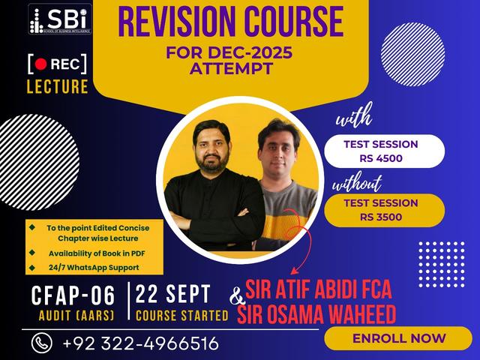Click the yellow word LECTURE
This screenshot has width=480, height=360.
[57, 86]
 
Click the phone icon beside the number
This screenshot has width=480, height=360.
[41, 343]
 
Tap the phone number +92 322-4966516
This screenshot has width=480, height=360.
[141, 343]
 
